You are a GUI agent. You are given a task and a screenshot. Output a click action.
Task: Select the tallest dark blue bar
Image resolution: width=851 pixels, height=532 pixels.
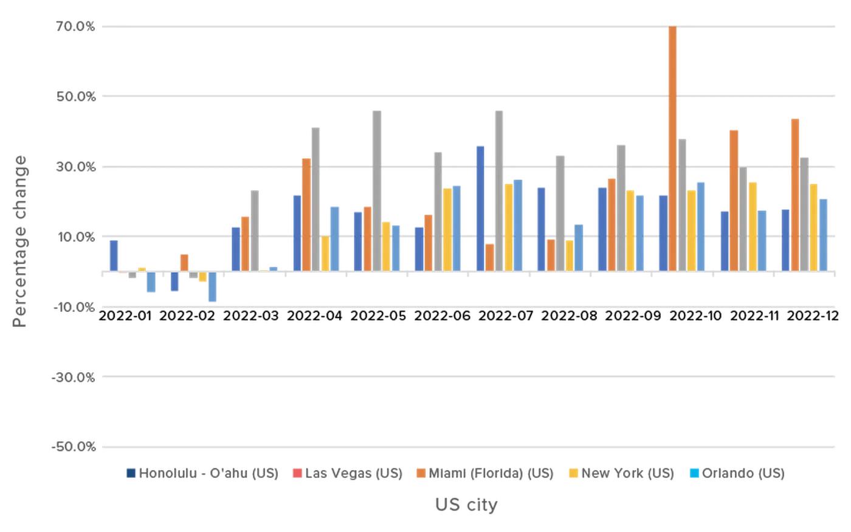pos(480,207)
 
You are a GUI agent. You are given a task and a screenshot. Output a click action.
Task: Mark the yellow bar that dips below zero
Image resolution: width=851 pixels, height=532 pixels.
pos(202,278)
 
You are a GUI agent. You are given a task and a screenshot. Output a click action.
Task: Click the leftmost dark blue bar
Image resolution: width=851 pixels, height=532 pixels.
pos(114,255)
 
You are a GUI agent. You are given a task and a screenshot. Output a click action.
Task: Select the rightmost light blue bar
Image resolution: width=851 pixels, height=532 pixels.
pos(824,233)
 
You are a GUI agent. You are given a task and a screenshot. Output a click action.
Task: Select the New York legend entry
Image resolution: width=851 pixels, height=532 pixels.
pos(621,474)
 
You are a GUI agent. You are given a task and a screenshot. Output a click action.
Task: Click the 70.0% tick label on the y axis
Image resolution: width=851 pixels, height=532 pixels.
pos(75,26)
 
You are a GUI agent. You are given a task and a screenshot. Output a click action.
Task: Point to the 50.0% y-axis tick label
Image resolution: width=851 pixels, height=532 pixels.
pos(75,96)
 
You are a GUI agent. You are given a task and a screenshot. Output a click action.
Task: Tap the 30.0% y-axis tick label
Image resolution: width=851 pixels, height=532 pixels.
pos(75,167)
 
